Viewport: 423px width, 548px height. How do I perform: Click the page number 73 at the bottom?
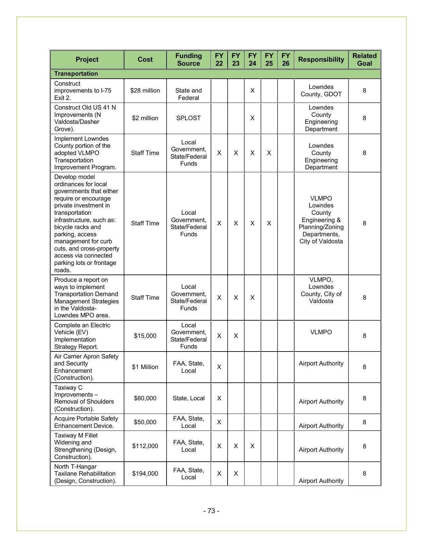[x=211, y=511]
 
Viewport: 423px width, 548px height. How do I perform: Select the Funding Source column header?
[x=188, y=60]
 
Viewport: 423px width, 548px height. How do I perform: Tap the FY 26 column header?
[x=285, y=60]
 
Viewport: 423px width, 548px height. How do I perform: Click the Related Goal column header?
[x=364, y=60]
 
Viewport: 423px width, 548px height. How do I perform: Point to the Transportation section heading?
[x=76, y=74]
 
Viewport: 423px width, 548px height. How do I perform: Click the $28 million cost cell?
[x=145, y=91]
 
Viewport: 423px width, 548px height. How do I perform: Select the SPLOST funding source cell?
[x=188, y=118]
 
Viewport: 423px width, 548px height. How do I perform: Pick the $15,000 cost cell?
[x=145, y=336]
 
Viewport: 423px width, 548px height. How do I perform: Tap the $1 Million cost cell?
[x=145, y=367]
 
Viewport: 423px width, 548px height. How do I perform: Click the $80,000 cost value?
[x=145, y=398]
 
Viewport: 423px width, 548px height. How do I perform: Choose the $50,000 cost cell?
[x=145, y=422]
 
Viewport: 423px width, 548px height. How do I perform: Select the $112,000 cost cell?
[x=145, y=446]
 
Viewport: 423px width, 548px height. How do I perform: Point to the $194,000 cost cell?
[x=145, y=474]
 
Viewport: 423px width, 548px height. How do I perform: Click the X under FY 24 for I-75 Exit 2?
[x=252, y=91]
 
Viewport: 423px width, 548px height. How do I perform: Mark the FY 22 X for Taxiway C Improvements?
[x=219, y=398]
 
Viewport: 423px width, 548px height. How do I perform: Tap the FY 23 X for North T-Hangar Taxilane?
[x=236, y=474]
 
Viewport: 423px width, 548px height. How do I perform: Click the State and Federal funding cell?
[x=188, y=94]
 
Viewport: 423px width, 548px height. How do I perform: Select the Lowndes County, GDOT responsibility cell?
[x=321, y=91]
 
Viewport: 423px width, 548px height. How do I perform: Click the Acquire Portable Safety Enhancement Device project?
[x=86, y=422]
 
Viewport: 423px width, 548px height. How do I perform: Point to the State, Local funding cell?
[x=188, y=398]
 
